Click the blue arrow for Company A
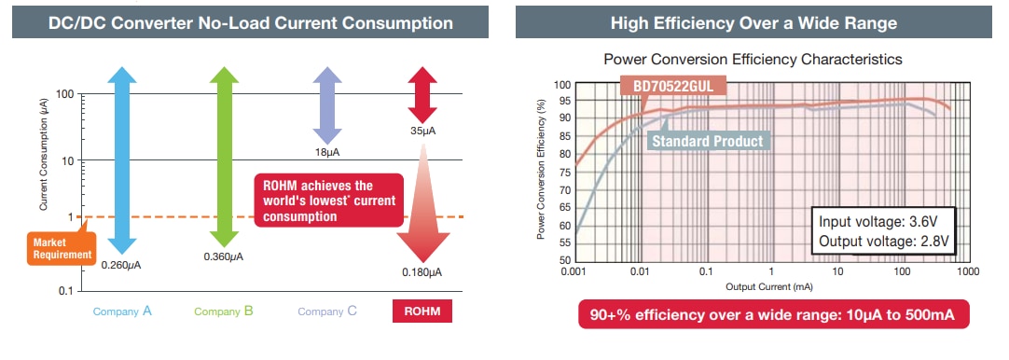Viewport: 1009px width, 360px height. [x=123, y=159]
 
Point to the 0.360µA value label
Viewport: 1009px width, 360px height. [x=224, y=256]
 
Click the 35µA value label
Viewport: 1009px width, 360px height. [x=422, y=132]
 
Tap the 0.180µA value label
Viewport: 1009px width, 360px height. [x=422, y=272]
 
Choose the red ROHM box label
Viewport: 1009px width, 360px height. [x=422, y=312]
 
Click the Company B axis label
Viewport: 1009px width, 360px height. [x=224, y=312]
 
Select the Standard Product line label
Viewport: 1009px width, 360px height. [x=707, y=141]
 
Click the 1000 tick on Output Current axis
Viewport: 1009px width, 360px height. [x=967, y=270]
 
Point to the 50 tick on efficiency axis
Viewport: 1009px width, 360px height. [x=562, y=260]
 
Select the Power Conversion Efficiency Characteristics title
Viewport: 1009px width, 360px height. [x=753, y=59]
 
